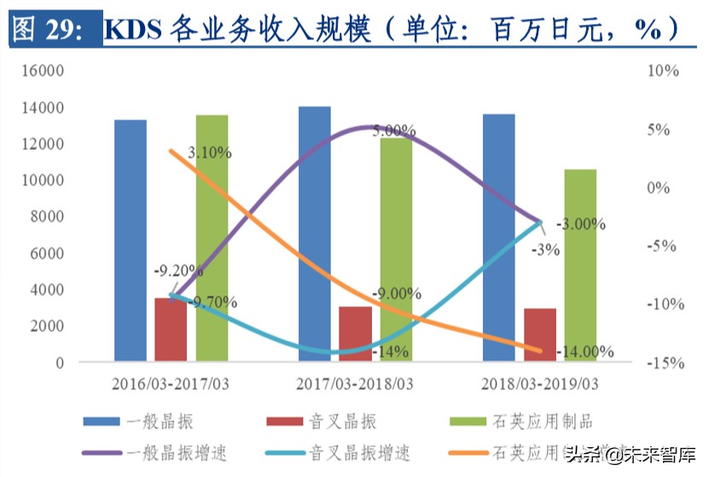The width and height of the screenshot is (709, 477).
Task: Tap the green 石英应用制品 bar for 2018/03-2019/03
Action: pyautogui.click(x=580, y=265)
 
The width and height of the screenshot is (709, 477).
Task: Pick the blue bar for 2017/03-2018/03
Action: pyautogui.click(x=315, y=234)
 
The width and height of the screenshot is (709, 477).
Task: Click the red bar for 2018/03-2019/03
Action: pyautogui.click(x=539, y=334)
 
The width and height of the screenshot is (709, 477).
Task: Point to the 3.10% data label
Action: pyautogui.click(x=208, y=154)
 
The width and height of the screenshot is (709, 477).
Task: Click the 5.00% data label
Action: pyautogui.click(x=393, y=131)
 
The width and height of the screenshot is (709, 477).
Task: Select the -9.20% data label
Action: pyautogui.click(x=177, y=271)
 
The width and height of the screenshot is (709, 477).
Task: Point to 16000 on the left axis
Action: pyautogui.click(x=43, y=72)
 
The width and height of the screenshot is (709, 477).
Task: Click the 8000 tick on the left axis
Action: pyautogui.click(x=47, y=217)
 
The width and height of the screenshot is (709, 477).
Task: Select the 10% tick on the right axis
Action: pyautogui.click(x=664, y=72)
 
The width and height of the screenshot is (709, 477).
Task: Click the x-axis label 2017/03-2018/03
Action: pyautogui.click(x=354, y=383)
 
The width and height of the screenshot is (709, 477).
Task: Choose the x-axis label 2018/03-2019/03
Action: pyautogui.click(x=539, y=383)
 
